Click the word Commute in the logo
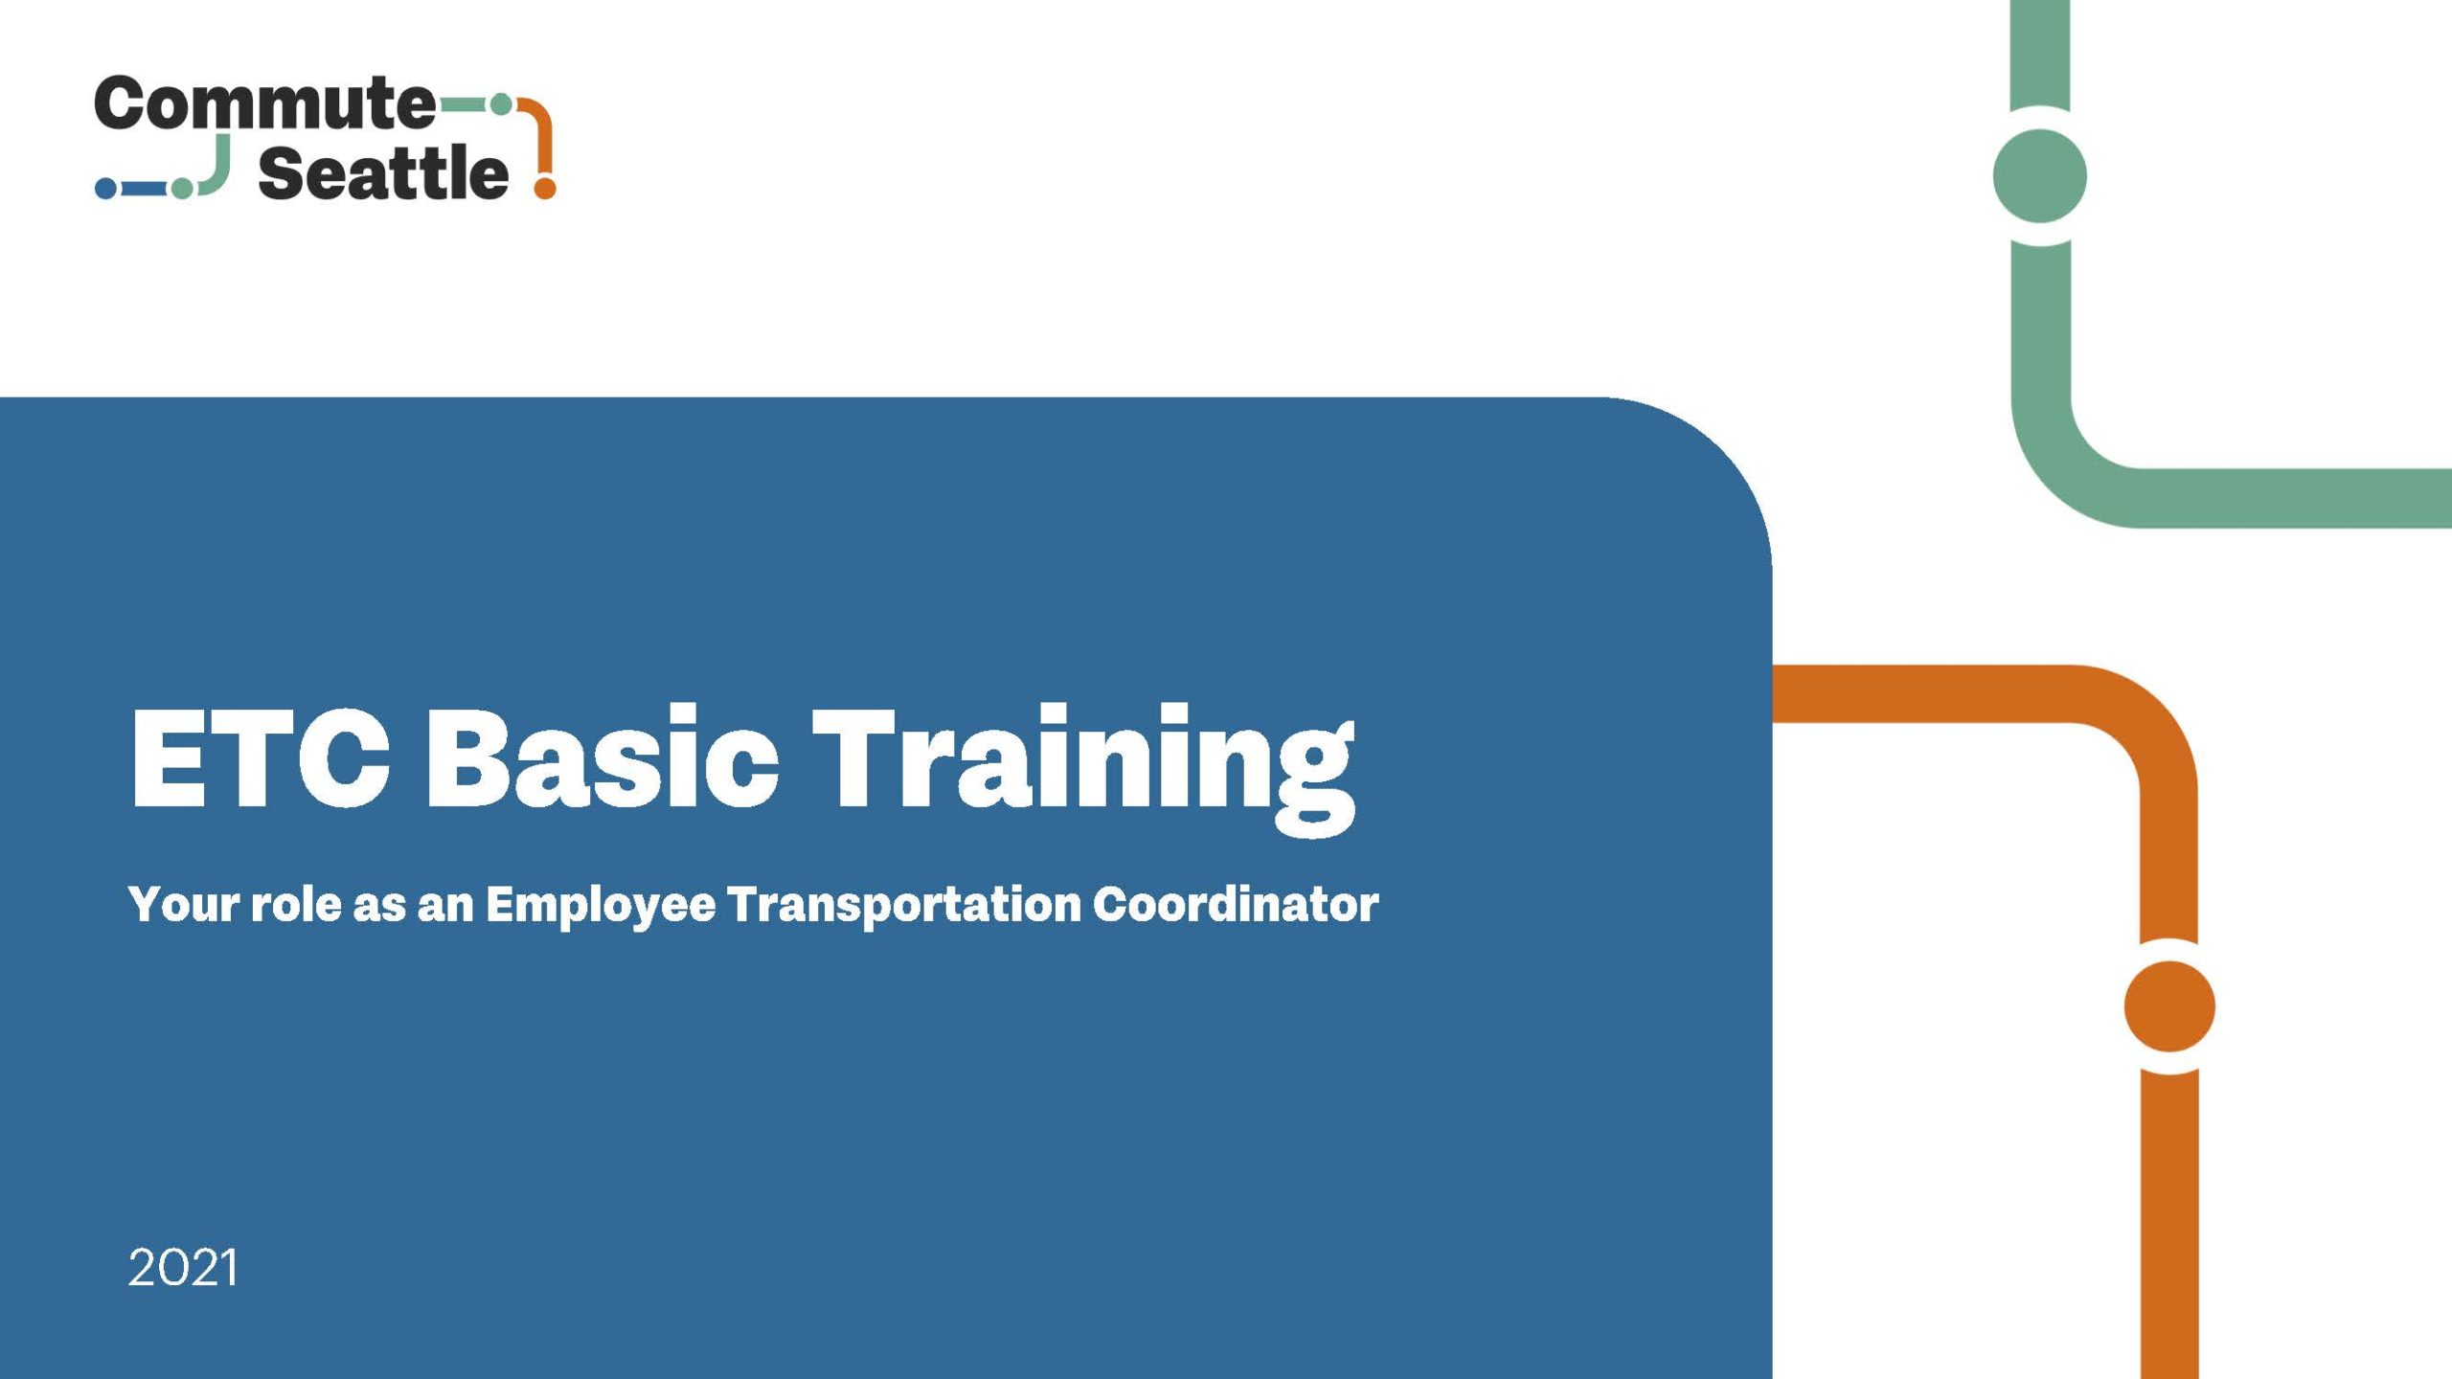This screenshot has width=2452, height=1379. tap(264, 103)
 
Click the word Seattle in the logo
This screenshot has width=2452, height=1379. tap(383, 174)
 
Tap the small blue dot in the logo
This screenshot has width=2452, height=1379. tap(105, 188)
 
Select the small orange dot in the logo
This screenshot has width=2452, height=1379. tap(544, 188)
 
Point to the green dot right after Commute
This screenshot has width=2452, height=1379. tap(500, 103)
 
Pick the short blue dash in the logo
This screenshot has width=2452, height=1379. tap(144, 188)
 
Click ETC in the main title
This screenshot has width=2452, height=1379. tap(261, 758)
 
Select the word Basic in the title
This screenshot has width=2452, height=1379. tap(602, 758)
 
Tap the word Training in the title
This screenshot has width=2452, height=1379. tap(1082, 766)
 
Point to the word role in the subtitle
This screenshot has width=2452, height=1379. tap(295, 904)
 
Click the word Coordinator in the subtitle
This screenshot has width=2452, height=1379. tap(1235, 904)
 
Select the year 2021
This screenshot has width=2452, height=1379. tap(182, 1268)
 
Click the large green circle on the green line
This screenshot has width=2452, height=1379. tap(2039, 176)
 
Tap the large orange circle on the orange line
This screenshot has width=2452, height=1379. tap(2169, 1006)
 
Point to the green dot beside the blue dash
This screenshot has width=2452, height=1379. tap(182, 188)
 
